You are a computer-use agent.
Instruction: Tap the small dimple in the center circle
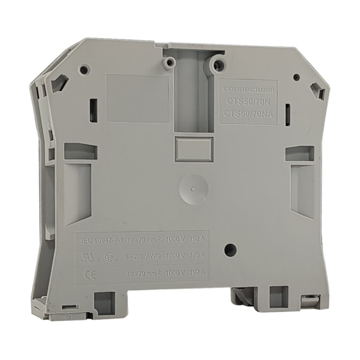click(192, 188)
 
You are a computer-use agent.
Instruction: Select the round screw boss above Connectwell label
click(217, 66)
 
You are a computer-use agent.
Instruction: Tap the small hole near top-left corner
click(84, 70)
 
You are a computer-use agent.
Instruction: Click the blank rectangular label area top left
click(137, 99)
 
